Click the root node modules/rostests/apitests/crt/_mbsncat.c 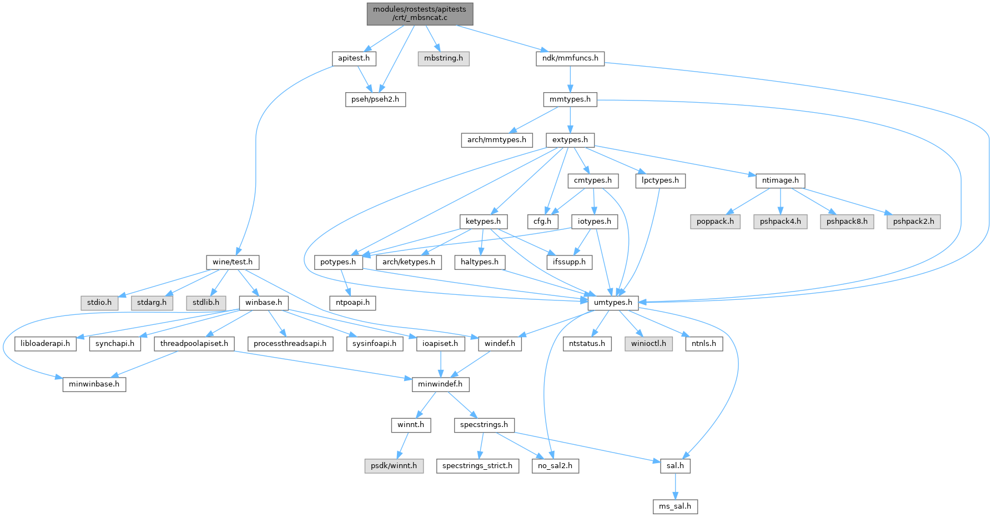tap(420, 13)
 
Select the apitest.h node tap(354, 58)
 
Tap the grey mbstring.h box tap(443, 58)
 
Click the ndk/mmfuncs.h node tap(570, 58)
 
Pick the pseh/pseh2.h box tap(375, 99)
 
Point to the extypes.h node tap(570, 140)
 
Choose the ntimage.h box tap(780, 180)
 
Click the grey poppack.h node tap(715, 221)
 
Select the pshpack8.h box tap(847, 221)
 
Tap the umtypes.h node tap(613, 303)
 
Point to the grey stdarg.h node tap(152, 303)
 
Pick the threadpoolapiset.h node tap(194, 343)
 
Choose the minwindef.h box tap(441, 384)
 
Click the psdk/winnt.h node tap(394, 465)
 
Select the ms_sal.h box tap(674, 506)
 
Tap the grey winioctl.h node tap(648, 343)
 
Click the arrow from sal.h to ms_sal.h tap(675, 486)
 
